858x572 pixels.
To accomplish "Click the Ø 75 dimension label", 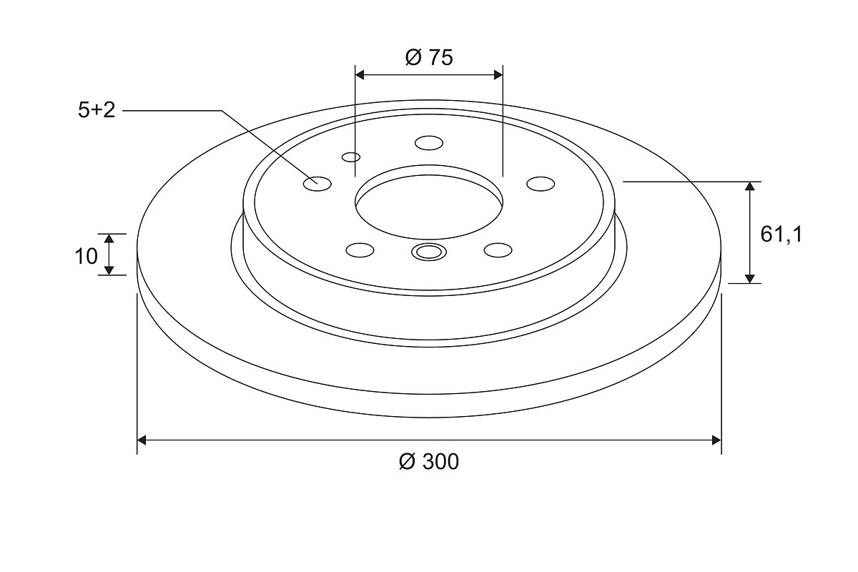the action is click(x=429, y=58).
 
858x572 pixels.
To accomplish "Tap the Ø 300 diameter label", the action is click(x=429, y=462).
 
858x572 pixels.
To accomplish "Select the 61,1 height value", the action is click(x=781, y=235).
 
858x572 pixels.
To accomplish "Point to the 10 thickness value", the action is click(x=87, y=256).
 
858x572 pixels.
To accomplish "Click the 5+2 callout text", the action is click(x=97, y=110).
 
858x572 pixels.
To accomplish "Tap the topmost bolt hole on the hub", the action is click(x=429, y=143).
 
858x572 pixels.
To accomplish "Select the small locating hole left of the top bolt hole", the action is click(x=351, y=157).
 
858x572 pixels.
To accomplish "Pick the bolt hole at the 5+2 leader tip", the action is click(x=317, y=184).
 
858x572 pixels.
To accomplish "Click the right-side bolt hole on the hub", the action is click(x=541, y=184).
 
